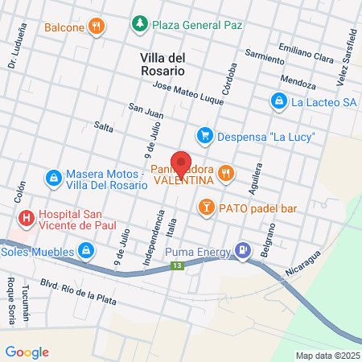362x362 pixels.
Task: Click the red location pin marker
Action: click(181, 163)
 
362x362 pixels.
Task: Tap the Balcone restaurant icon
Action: click(97, 26)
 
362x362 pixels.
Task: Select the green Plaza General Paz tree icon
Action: click(140, 24)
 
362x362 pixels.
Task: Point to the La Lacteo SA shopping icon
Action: click(278, 101)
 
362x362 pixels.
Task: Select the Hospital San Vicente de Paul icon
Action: click(27, 216)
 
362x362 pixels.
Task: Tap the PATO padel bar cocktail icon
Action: click(205, 208)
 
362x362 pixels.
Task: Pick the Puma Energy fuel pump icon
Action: click(242, 251)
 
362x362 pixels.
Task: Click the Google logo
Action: click(27, 352)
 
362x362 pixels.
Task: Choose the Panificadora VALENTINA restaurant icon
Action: click(228, 171)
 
